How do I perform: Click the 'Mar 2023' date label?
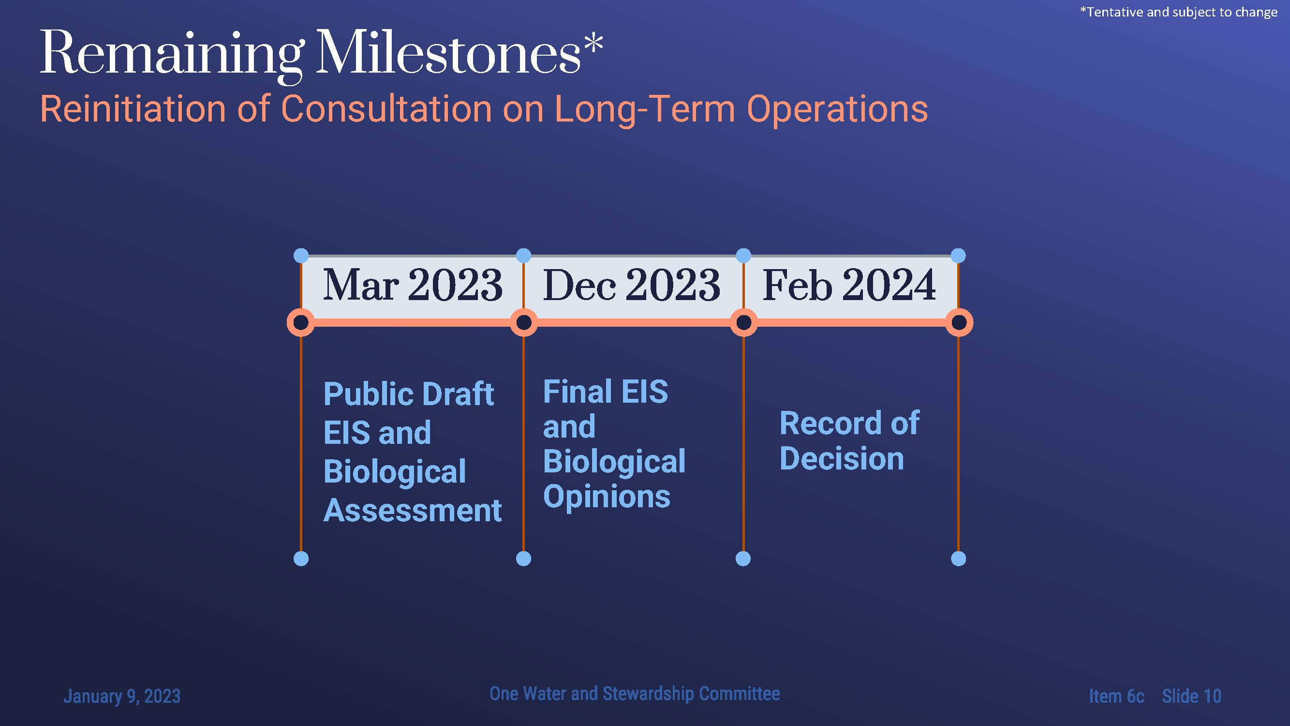(x=413, y=285)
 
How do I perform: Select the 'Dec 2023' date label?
(x=632, y=285)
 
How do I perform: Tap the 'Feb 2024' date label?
(x=849, y=285)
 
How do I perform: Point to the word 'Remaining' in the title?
(x=172, y=57)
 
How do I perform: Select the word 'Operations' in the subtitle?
(x=837, y=110)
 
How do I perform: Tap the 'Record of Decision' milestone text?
(x=849, y=441)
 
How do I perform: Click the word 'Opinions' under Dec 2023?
(x=607, y=498)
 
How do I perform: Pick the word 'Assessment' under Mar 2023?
(x=413, y=511)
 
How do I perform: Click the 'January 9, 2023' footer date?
(x=122, y=696)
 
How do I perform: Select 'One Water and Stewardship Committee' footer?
(x=635, y=694)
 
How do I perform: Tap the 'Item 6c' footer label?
(x=1117, y=696)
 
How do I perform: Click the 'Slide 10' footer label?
(x=1192, y=696)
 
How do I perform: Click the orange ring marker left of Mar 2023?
(x=301, y=322)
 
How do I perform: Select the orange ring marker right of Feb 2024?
(x=959, y=322)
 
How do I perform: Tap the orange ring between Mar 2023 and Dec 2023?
(x=524, y=322)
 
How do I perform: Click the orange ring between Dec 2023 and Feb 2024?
(x=743, y=322)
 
